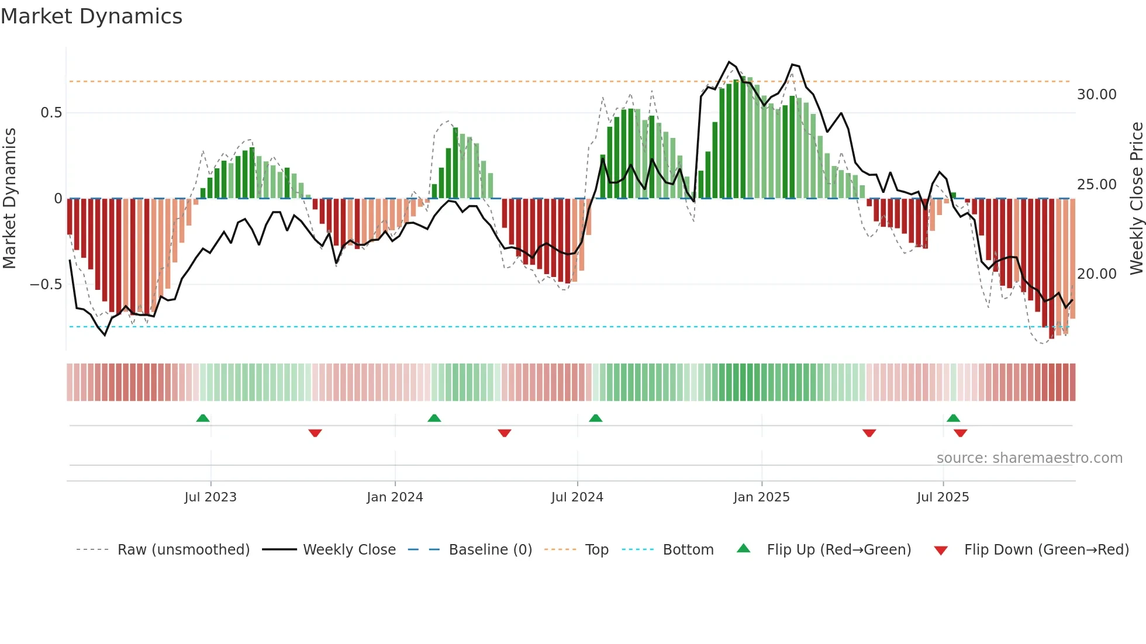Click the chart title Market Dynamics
pos(92,16)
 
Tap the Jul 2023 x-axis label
pos(210,497)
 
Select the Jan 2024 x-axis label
pos(395,497)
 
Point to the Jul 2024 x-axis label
pos(577,497)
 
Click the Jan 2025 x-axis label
pos(761,497)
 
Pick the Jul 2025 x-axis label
pos(943,497)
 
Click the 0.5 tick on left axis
pos(51,113)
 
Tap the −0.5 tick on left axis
pos(46,285)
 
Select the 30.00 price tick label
pos(1096,95)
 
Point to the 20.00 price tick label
pos(1096,274)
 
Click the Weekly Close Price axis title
pos(1136,199)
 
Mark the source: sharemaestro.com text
pos(1029,458)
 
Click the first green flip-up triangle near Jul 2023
pos(203,418)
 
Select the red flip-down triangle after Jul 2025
pos(960,433)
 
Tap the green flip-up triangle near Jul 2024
pos(595,418)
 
